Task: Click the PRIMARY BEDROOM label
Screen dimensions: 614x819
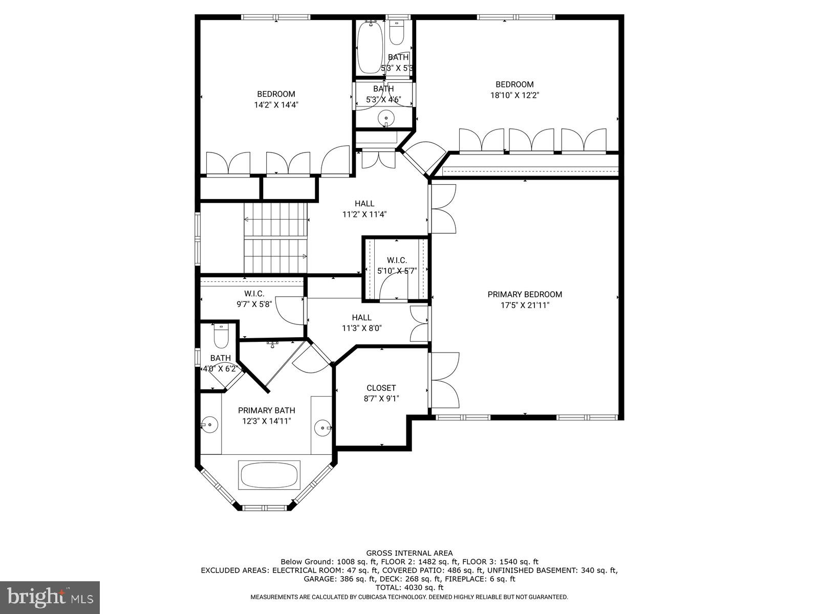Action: click(525, 294)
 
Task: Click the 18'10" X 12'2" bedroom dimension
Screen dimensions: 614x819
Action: click(514, 95)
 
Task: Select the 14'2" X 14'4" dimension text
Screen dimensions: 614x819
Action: click(276, 105)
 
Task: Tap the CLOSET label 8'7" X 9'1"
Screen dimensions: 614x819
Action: click(381, 388)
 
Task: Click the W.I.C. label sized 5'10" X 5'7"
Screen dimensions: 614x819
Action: click(397, 260)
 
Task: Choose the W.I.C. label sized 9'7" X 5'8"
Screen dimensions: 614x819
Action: click(254, 293)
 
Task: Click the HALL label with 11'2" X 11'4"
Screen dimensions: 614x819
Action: click(364, 204)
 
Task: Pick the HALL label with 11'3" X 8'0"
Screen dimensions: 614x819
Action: click(361, 317)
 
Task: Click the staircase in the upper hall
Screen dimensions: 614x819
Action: click(275, 238)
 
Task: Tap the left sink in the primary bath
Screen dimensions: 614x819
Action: click(209, 424)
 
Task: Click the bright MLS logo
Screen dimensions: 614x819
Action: click(50, 597)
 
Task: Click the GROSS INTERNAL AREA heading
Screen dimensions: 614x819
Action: click(409, 553)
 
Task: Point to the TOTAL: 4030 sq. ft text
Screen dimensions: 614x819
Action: click(409, 588)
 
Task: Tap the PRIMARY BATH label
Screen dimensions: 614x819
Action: click(266, 410)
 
